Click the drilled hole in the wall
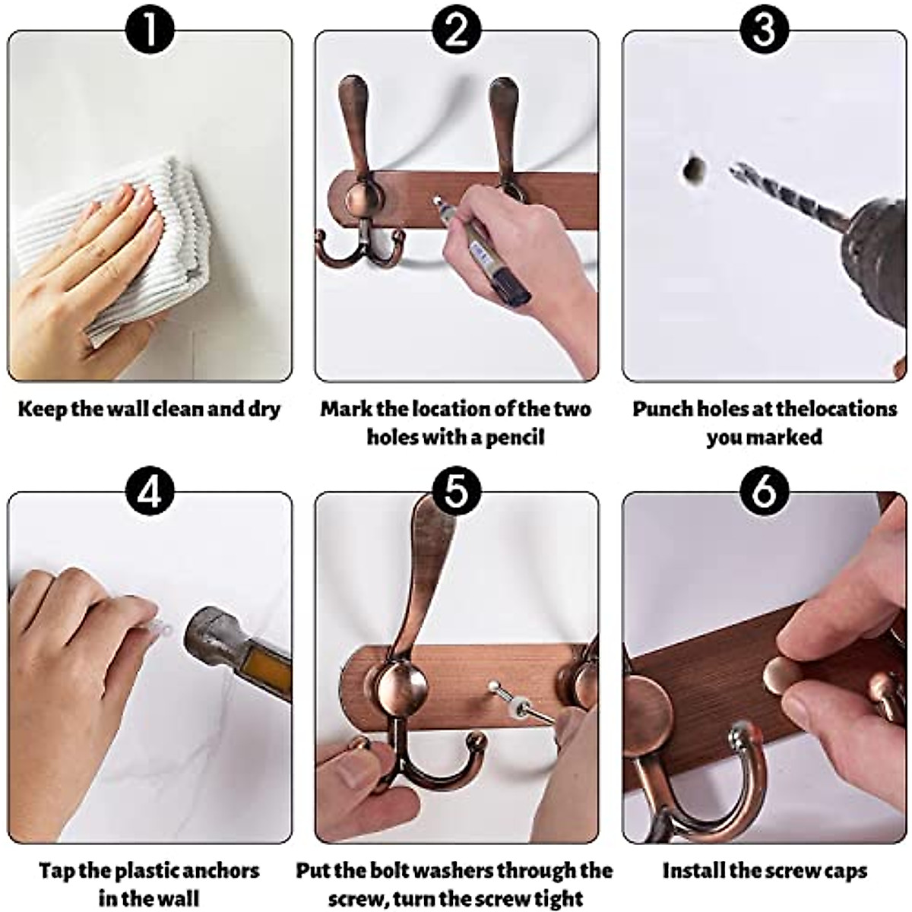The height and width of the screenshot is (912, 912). (693, 171)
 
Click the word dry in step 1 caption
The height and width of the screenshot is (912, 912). (263, 410)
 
